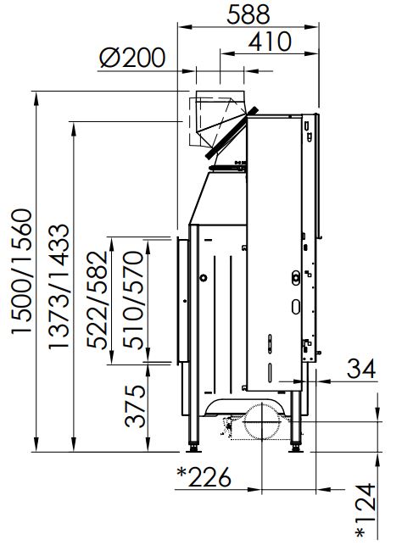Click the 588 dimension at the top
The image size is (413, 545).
point(248,14)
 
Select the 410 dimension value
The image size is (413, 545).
point(270,42)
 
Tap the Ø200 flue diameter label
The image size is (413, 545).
point(132,58)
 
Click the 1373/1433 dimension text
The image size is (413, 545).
point(59,286)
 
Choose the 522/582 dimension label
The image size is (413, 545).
point(97,299)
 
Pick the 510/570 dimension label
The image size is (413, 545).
point(133,299)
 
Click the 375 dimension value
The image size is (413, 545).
point(135,406)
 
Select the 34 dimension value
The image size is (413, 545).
point(361,369)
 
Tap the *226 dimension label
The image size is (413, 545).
point(204,477)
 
